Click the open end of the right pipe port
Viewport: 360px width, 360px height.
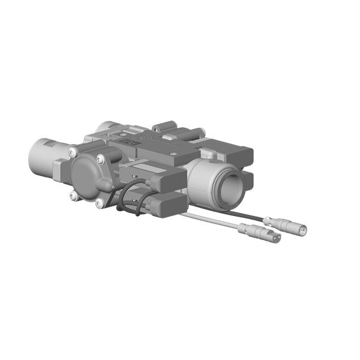click(x=230, y=190)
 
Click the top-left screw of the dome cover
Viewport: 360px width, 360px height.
click(x=72, y=151)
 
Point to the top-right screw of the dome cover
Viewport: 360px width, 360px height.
click(x=101, y=158)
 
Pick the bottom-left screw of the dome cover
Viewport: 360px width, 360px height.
click(x=73, y=195)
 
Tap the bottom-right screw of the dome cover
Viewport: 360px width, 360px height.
click(x=99, y=203)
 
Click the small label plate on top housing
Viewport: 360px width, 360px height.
click(x=128, y=145)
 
